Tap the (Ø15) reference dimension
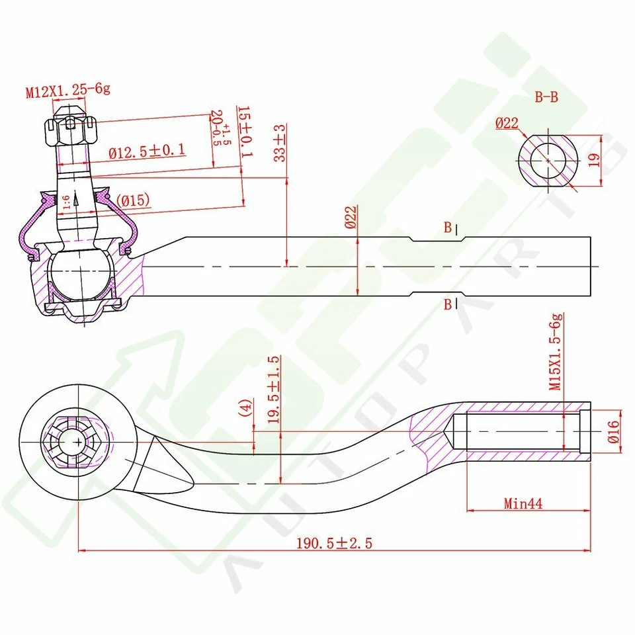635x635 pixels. coord(132,200)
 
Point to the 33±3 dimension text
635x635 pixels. coord(280,143)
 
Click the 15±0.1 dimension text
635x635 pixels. coord(244,132)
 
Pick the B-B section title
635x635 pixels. coord(546,98)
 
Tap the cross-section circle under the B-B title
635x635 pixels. coord(548,161)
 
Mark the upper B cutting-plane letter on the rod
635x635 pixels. coord(448,228)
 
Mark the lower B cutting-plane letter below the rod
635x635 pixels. coord(448,304)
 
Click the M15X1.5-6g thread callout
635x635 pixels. coord(556,351)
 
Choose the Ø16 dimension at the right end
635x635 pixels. coord(612,431)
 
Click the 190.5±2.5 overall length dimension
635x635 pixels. coord(335,543)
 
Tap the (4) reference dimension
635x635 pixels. coord(246,407)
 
